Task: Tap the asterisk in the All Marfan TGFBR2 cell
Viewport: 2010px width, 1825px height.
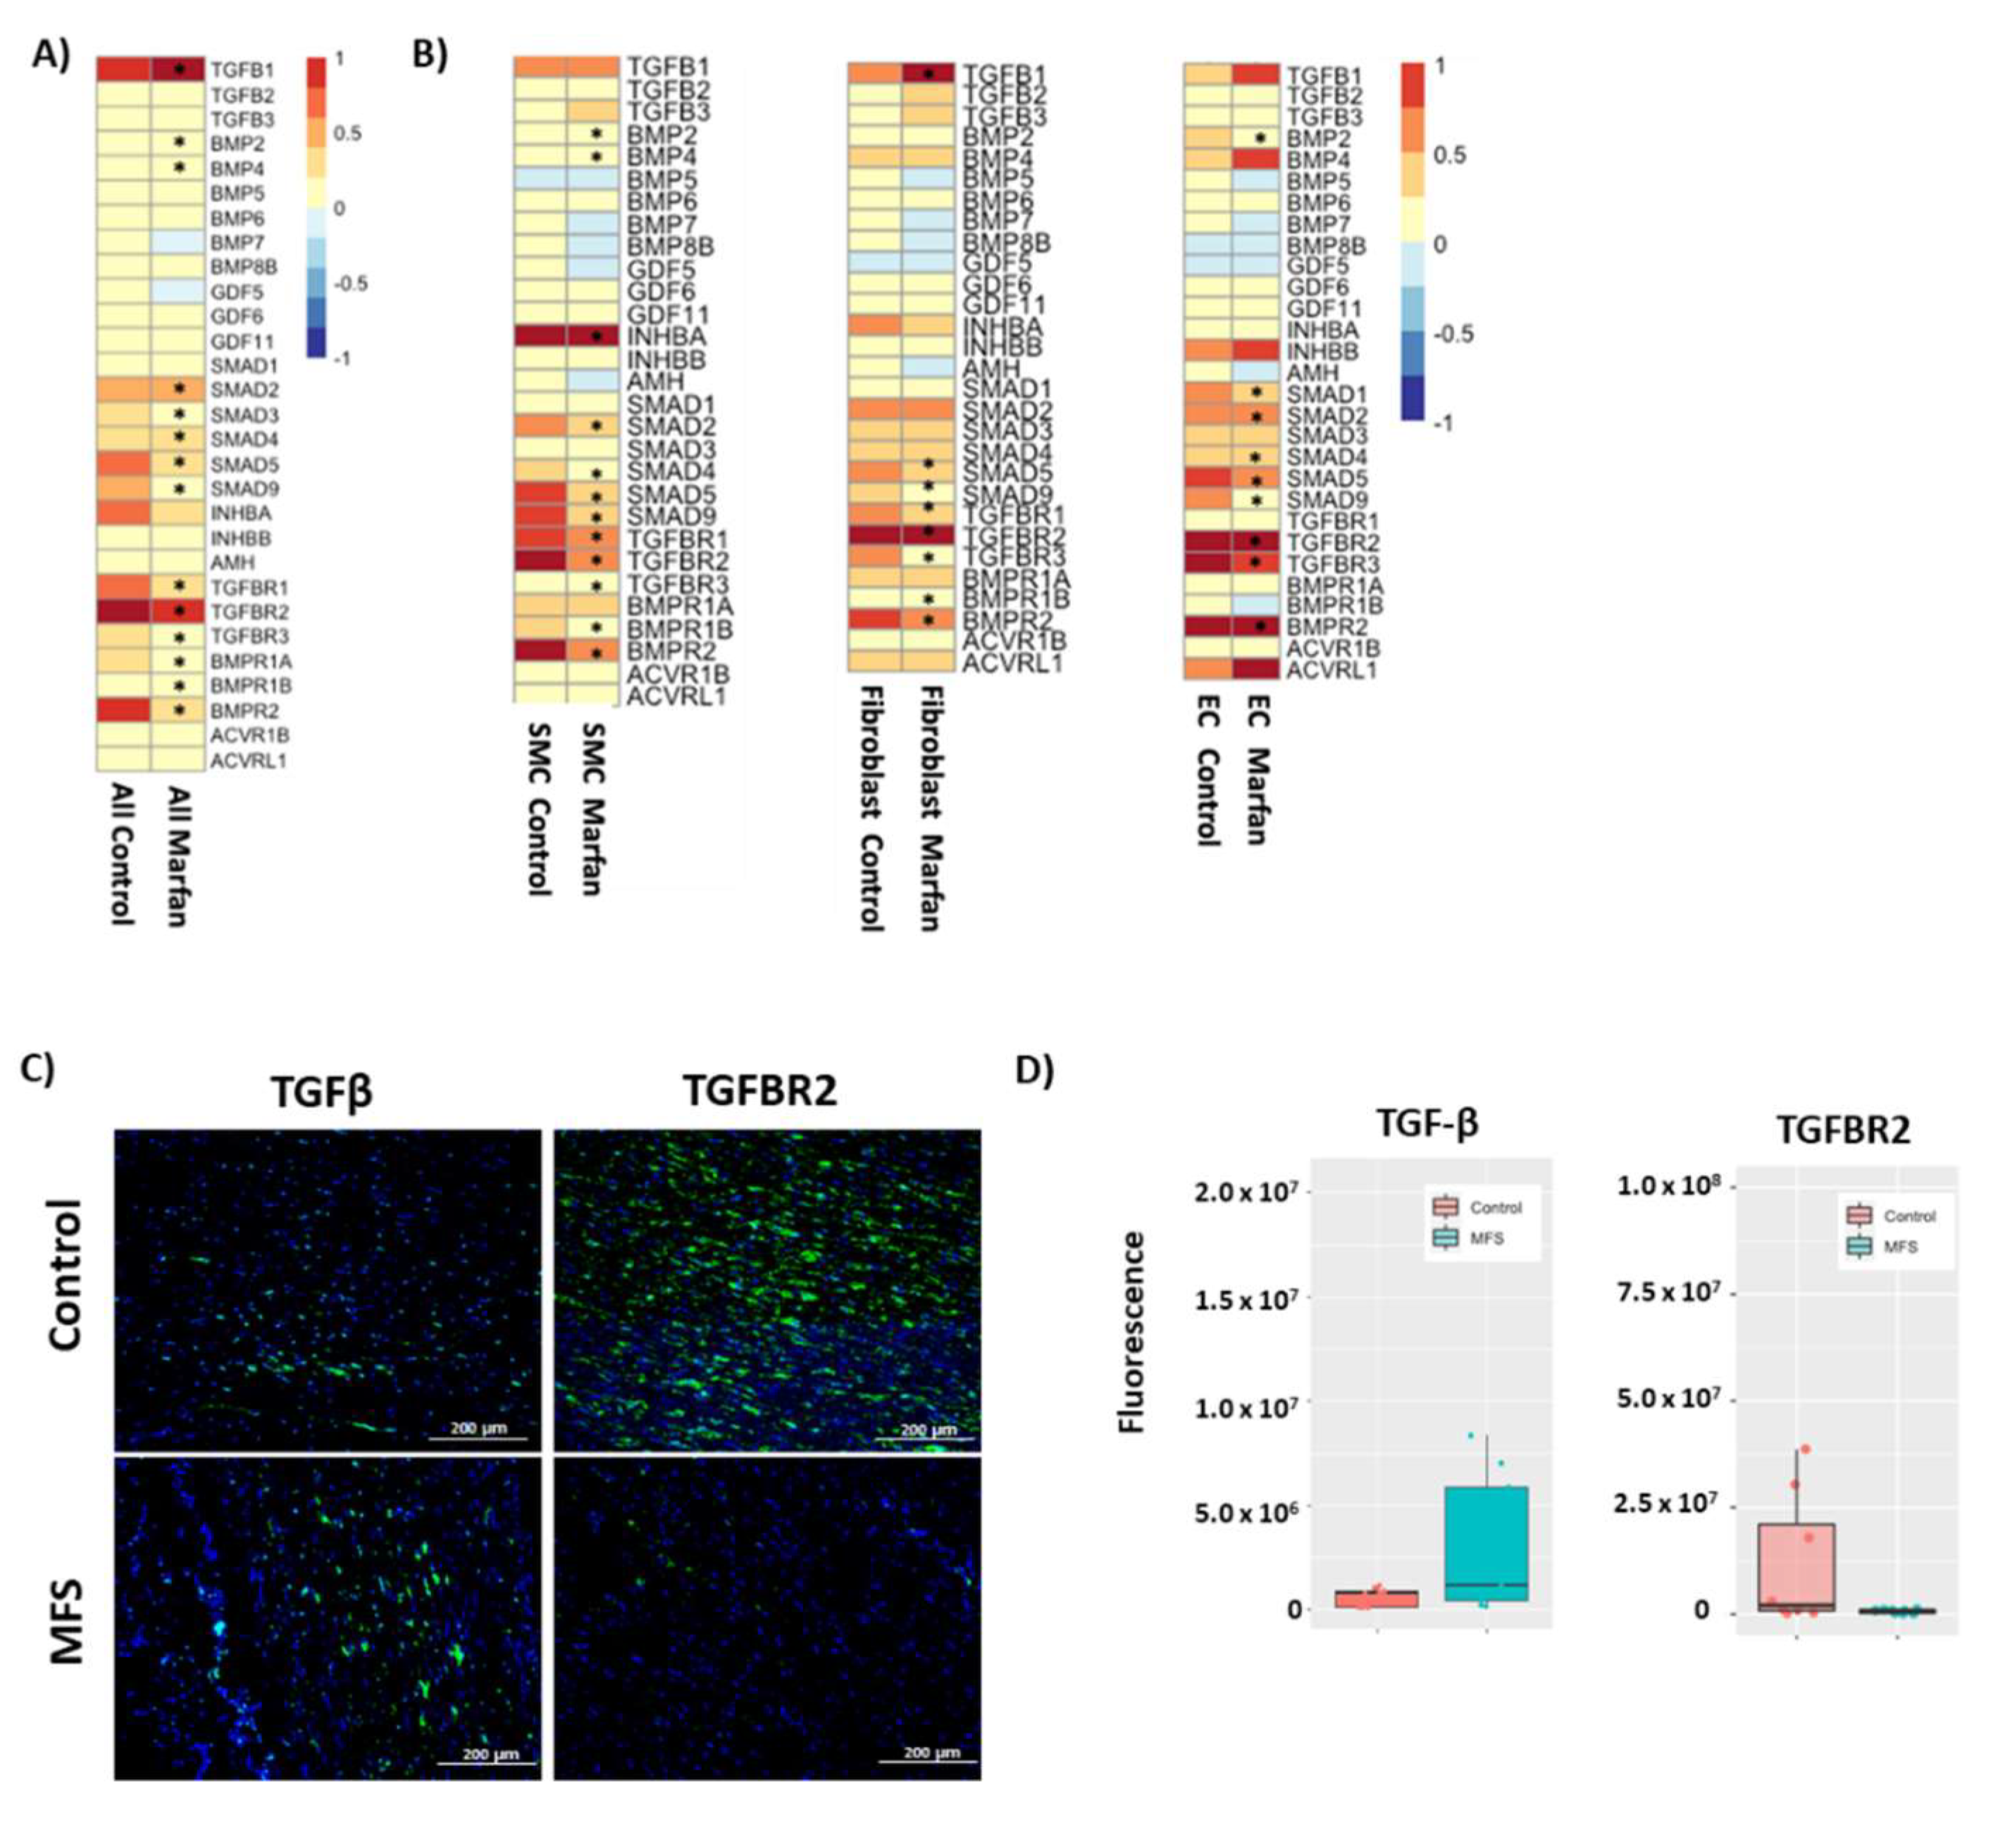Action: pos(180,611)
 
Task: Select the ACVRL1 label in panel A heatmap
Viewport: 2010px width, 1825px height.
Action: pos(248,761)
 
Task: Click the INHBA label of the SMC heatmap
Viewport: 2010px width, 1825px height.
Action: pos(666,337)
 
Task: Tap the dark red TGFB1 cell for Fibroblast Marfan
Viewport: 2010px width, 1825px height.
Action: pos(927,75)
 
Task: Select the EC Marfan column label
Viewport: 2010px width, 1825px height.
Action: pos(1258,768)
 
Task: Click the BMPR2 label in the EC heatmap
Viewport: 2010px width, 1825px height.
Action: pos(1326,627)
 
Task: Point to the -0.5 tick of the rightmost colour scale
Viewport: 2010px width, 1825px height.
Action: pos(1453,334)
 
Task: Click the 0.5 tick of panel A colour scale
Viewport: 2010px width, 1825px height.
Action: pos(347,134)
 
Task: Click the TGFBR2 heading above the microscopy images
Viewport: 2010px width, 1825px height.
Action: pos(759,1092)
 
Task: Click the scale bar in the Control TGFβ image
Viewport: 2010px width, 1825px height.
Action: pos(478,1438)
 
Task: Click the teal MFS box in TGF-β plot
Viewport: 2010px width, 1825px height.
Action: pos(1486,1544)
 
